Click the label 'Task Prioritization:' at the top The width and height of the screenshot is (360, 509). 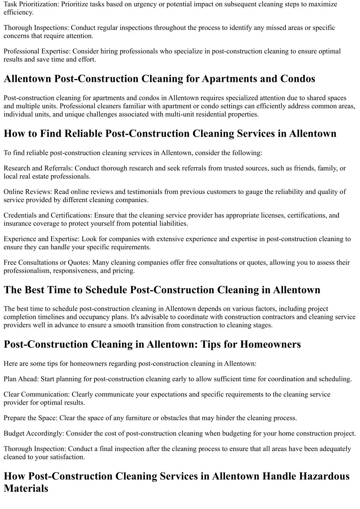point(31,4)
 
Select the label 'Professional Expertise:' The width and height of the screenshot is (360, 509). point(37,51)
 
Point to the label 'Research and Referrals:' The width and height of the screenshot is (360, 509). point(38,168)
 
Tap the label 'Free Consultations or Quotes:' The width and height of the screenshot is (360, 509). point(47,263)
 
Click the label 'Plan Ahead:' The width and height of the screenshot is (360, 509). point(21,379)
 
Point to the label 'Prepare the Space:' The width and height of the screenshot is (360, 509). point(31,418)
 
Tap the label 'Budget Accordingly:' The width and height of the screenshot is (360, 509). point(34,433)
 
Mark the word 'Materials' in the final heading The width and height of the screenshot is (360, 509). point(26,489)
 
